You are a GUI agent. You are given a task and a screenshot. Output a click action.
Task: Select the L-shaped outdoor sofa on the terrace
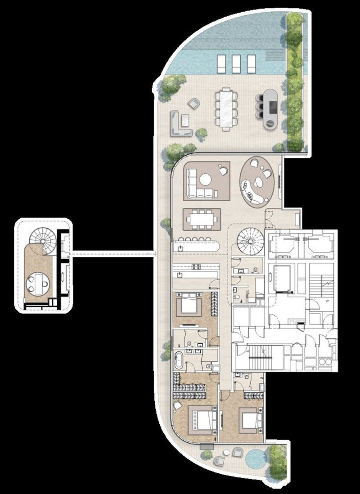click(180, 125)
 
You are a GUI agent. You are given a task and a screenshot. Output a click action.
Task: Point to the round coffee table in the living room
click(205, 179)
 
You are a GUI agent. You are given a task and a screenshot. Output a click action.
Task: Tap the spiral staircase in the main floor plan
click(248, 241)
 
